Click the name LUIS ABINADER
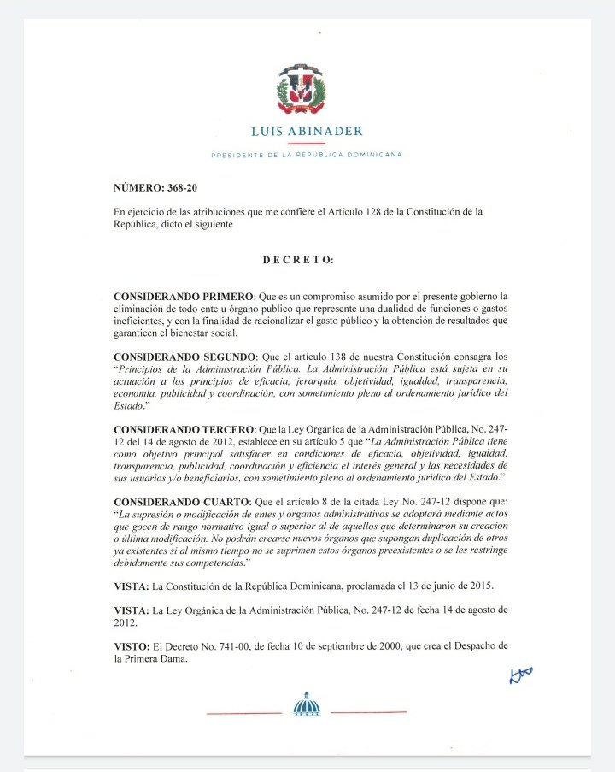[307, 131]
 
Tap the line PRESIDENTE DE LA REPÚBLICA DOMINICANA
[307, 155]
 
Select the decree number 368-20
[184, 186]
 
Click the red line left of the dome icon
[243, 712]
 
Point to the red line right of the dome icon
[368, 712]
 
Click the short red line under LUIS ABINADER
[307, 143]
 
